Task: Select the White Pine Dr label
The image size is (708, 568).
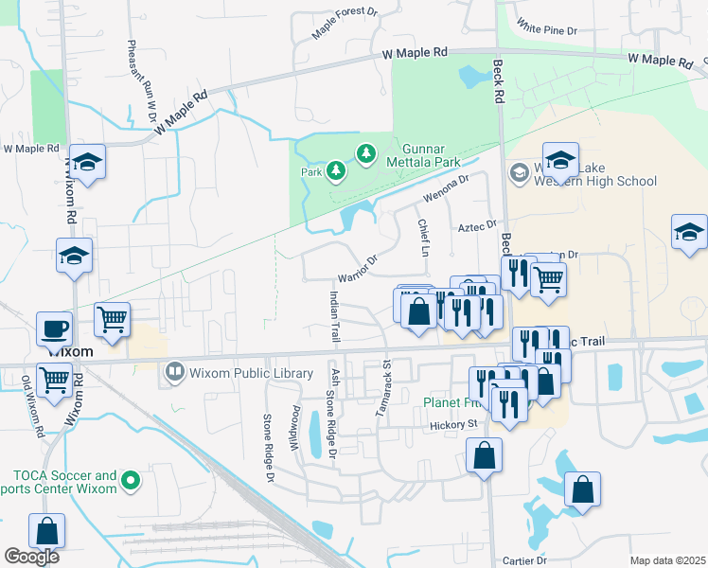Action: [547, 30]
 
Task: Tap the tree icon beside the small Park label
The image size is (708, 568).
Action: [335, 170]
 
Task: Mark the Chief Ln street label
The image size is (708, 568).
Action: [423, 237]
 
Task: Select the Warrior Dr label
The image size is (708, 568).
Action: [359, 268]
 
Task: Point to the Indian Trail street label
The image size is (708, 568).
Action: [333, 317]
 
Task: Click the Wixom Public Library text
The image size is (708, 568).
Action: [252, 372]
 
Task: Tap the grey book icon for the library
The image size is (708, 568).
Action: [174, 371]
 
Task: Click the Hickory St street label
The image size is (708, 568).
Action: [451, 424]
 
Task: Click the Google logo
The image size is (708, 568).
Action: [31, 557]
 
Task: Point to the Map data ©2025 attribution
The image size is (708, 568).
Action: [667, 560]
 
